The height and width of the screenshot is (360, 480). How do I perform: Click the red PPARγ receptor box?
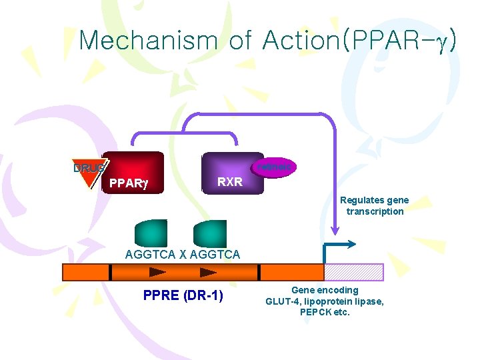pyautogui.click(x=131, y=172)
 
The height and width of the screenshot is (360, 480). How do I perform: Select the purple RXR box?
pyautogui.click(x=233, y=173)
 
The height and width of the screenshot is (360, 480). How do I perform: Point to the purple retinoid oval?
pyautogui.click(x=274, y=167)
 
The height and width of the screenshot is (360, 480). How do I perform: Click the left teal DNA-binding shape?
pyautogui.click(x=151, y=233)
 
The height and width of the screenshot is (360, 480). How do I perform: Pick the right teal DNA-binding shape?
pyautogui.click(x=210, y=233)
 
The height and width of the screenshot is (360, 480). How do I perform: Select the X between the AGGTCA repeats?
pyautogui.click(x=183, y=254)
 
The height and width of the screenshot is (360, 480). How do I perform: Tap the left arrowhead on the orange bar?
pyautogui.click(x=158, y=272)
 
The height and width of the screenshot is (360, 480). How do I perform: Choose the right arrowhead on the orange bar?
pyautogui.click(x=209, y=272)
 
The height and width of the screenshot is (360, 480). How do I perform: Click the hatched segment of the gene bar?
pyautogui.click(x=353, y=272)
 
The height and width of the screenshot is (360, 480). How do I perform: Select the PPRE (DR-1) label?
pyautogui.click(x=183, y=295)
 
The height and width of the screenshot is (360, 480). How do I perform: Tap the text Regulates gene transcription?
pyautogui.click(x=374, y=205)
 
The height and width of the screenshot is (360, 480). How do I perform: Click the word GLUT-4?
pyautogui.click(x=283, y=301)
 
